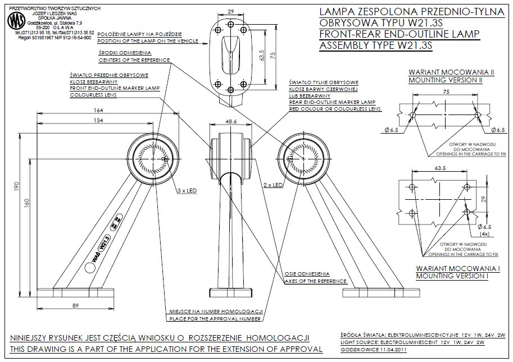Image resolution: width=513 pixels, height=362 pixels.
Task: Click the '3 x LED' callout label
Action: (x=187, y=191)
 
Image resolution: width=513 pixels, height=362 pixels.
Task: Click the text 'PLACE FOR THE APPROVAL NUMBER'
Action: (x=215, y=319)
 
